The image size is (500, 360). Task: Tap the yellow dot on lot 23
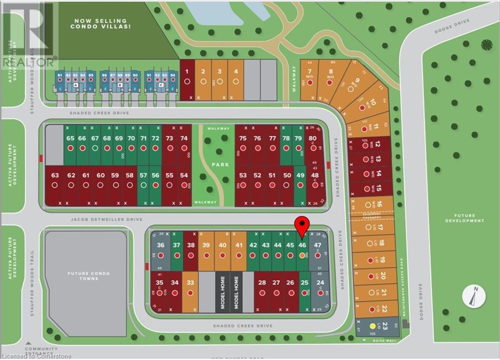click(373, 326)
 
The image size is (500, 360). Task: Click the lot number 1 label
click(187, 71)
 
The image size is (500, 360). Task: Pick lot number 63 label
click(54, 175)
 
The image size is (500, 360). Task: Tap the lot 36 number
click(161, 245)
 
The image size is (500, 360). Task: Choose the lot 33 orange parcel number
click(190, 282)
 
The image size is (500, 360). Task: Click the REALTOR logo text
click(29, 62)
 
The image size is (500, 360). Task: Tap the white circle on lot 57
click(143, 186)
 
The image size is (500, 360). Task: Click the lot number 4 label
click(236, 71)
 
